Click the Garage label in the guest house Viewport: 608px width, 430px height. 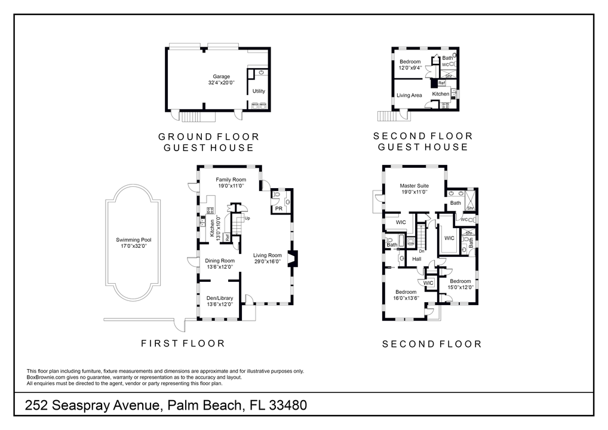point(221,79)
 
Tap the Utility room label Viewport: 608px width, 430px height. point(259,91)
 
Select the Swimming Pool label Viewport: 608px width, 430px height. point(133,242)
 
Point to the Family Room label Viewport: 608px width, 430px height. point(231,183)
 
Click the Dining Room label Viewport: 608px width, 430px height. point(220,263)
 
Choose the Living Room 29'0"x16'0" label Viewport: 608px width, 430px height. point(267,259)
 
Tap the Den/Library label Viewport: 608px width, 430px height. point(220,301)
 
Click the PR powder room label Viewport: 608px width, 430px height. point(278,208)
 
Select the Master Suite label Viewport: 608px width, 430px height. point(414,189)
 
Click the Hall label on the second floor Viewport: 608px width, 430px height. point(417,259)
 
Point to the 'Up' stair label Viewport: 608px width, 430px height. point(247,218)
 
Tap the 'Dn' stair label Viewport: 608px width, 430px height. point(421,251)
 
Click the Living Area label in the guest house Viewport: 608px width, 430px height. point(409,96)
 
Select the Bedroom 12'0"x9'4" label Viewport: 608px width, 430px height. point(410,64)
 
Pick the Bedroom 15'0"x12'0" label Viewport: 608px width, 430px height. point(460,284)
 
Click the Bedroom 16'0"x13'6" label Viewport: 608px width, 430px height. point(406,294)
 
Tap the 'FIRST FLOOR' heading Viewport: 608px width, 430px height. point(183,343)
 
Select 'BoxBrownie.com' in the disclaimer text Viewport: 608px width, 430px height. point(47,377)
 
